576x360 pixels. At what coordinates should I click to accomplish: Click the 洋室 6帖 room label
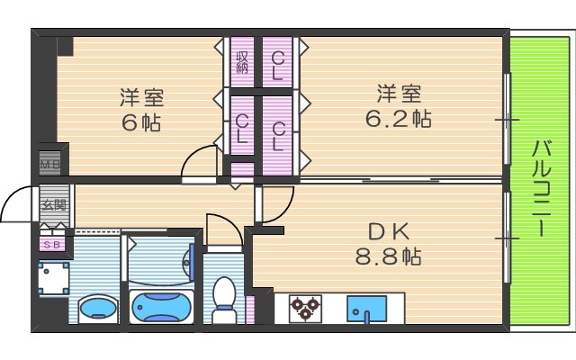pyautogui.click(x=142, y=109)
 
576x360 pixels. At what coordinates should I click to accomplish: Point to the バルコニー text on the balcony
pyautogui.click(x=541, y=186)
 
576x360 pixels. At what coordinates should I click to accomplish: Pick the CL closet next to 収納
pyautogui.click(x=278, y=66)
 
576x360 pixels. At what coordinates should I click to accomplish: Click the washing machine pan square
pyautogui.click(x=53, y=278)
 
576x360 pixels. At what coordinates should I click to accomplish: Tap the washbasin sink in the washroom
pyautogui.click(x=96, y=309)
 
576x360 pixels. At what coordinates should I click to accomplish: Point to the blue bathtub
pyautogui.click(x=162, y=307)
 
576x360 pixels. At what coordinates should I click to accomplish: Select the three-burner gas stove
pyautogui.click(x=305, y=308)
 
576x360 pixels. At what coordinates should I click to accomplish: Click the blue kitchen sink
pyautogui.click(x=365, y=309)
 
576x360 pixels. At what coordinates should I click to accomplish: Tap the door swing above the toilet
pyautogui.click(x=221, y=230)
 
